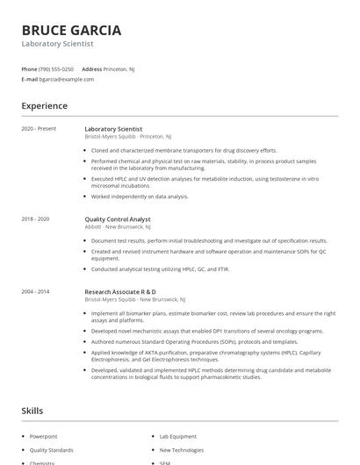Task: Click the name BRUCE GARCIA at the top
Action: (72, 30)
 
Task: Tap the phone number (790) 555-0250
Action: (57, 68)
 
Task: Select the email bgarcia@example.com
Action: (67, 79)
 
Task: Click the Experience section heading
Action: (45, 106)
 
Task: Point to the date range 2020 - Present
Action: (39, 129)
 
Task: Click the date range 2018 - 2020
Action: (35, 218)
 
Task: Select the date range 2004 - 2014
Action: (35, 290)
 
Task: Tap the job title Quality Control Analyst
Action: (118, 219)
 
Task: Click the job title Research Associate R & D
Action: (120, 291)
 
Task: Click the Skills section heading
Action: (32, 411)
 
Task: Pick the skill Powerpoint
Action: (43, 435)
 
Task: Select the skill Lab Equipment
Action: (178, 435)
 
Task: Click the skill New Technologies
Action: (181, 449)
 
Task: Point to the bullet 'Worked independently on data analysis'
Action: (140, 197)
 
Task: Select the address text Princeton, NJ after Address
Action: (119, 68)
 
